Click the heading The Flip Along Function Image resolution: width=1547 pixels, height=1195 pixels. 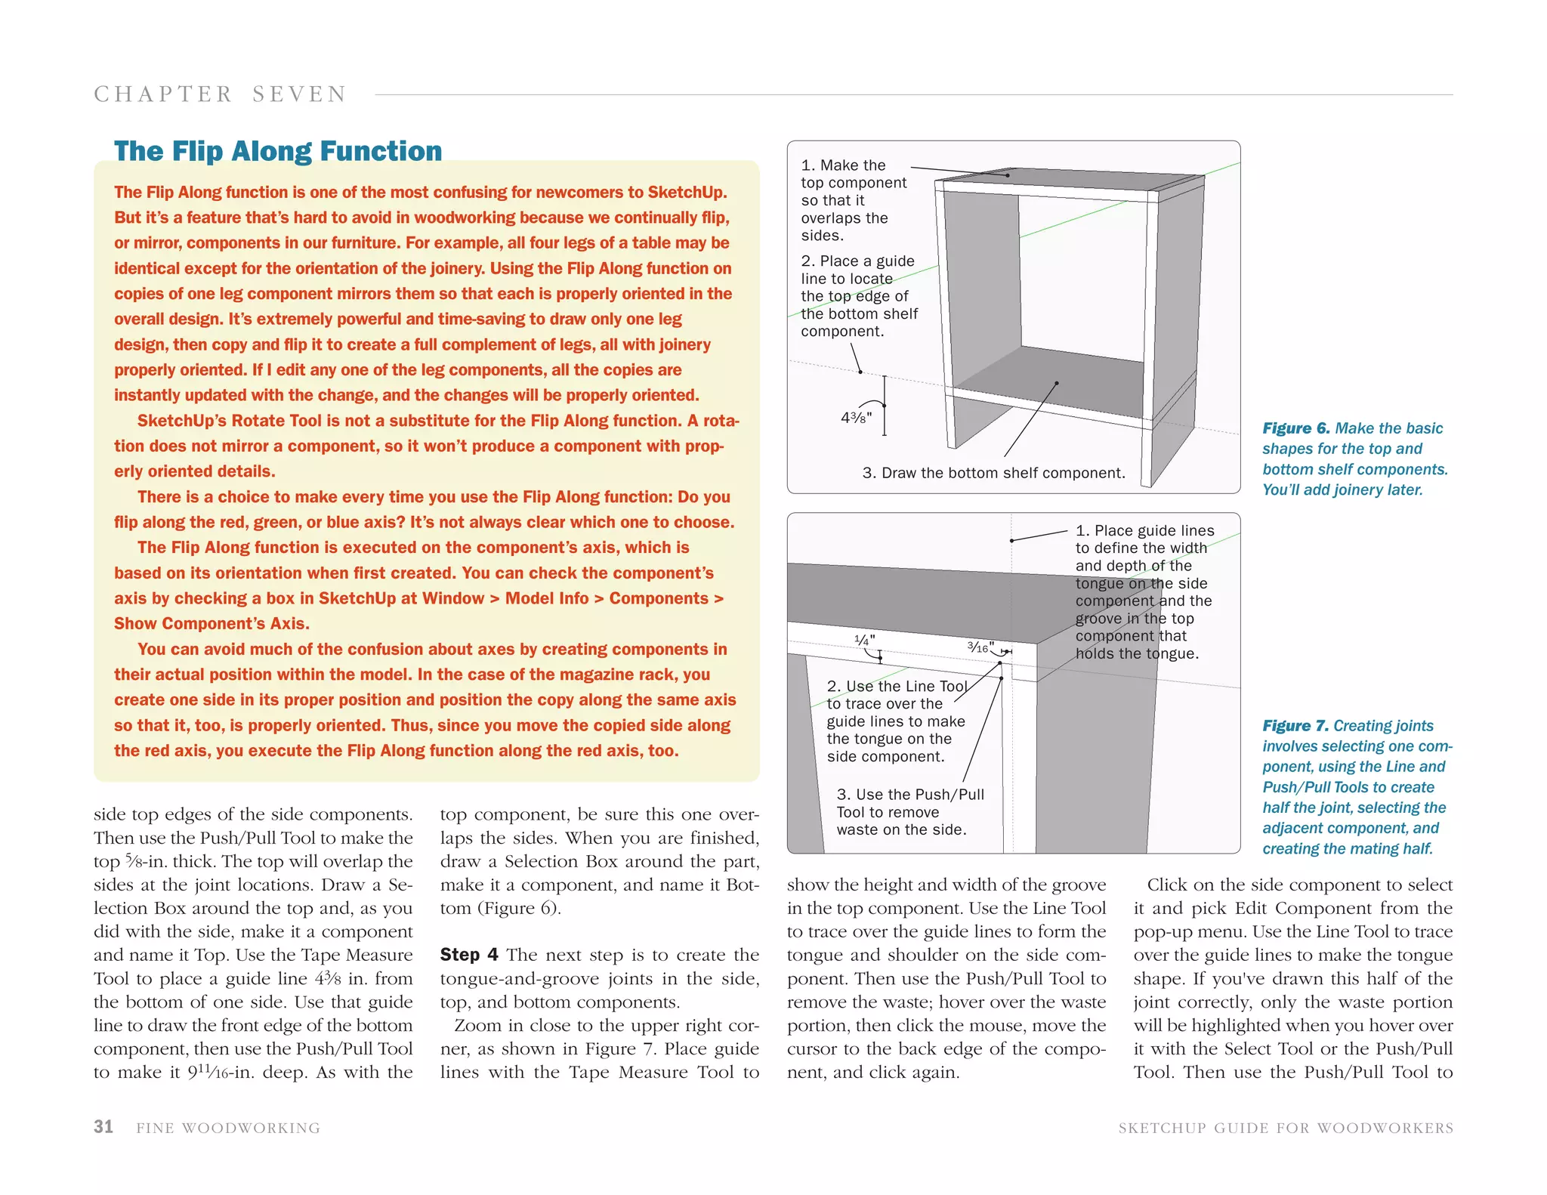pyautogui.click(x=278, y=151)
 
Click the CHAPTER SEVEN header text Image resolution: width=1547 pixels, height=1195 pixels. pyautogui.click(x=220, y=94)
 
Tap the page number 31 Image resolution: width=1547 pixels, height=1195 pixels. pyautogui.click(x=103, y=1126)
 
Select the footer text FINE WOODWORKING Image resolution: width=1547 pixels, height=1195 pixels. pyautogui.click(x=228, y=1128)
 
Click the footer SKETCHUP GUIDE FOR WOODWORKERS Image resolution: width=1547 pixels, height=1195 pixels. pyautogui.click(x=1286, y=1128)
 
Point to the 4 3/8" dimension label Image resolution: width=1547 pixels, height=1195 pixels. pyautogui.click(x=856, y=417)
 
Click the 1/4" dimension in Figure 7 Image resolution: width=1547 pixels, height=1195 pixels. pyautogui.click(x=864, y=641)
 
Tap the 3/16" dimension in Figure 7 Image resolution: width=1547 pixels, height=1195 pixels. pyautogui.click(x=980, y=647)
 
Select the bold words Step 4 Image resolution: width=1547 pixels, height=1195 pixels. pyautogui.click(x=469, y=955)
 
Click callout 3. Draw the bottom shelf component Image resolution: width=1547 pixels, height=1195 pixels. pyautogui.click(x=993, y=473)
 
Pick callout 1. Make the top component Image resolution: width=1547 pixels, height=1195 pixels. pyautogui.click(x=854, y=200)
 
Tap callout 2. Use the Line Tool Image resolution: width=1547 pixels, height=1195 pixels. pyautogui.click(x=895, y=721)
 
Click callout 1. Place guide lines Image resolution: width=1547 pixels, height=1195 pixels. pyautogui.click(x=1144, y=591)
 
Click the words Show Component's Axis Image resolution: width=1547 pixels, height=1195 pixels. pyautogui.click(x=212, y=624)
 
